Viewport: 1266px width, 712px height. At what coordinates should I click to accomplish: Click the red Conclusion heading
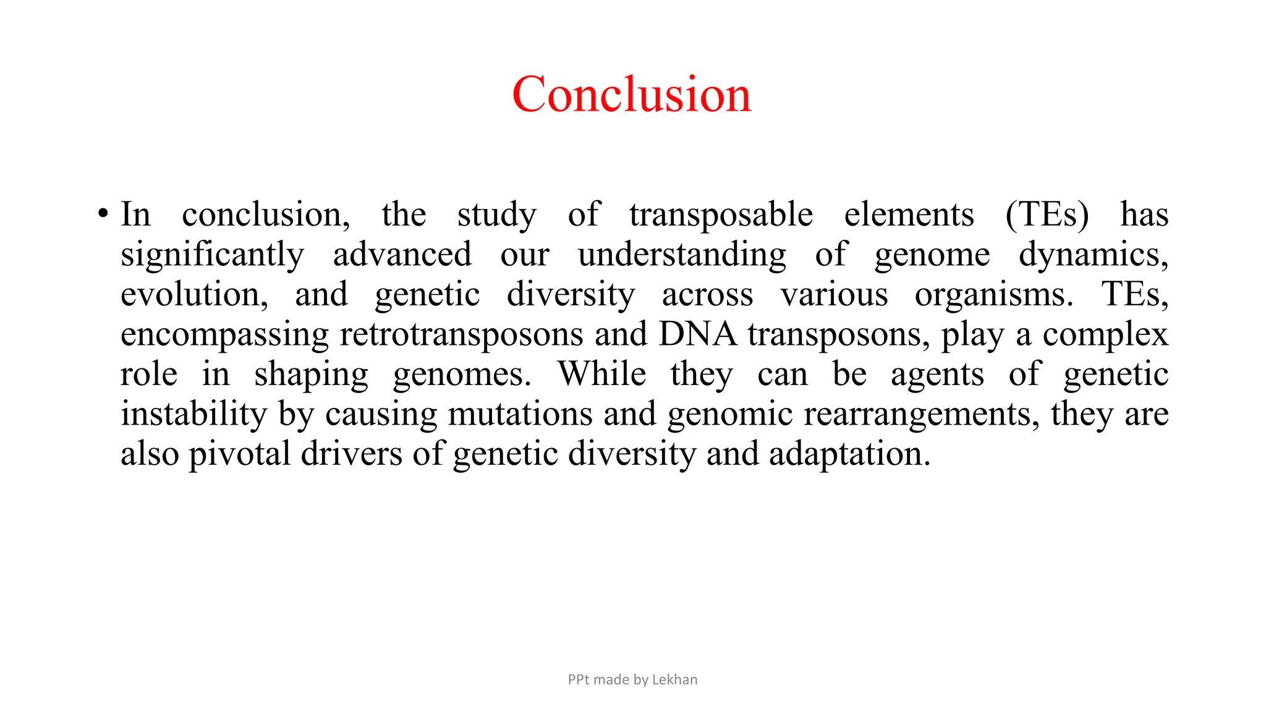(x=632, y=95)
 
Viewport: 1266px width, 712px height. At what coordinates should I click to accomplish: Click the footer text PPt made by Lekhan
(x=632, y=679)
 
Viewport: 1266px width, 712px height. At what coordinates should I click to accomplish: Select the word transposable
(x=721, y=215)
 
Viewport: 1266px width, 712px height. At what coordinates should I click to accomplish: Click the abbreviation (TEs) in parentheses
(x=1047, y=215)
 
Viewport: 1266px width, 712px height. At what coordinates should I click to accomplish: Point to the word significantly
(x=212, y=255)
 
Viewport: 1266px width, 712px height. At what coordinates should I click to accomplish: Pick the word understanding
(x=682, y=255)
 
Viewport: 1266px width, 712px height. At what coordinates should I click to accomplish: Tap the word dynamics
(x=1092, y=255)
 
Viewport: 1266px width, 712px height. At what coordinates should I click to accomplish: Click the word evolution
(x=193, y=295)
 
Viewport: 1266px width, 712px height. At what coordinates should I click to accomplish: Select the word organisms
(x=993, y=295)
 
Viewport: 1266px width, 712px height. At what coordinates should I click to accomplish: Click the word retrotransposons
(x=461, y=334)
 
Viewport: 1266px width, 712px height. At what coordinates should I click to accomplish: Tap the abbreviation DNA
(x=697, y=334)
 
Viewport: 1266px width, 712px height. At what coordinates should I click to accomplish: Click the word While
(x=601, y=375)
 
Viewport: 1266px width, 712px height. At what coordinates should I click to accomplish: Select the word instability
(x=193, y=414)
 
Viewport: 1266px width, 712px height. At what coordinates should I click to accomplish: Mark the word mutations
(x=520, y=414)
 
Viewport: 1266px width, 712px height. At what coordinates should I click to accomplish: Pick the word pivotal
(x=239, y=454)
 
